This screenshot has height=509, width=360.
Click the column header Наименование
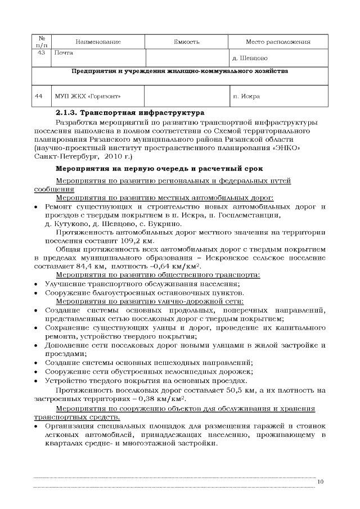pyautogui.click(x=98, y=42)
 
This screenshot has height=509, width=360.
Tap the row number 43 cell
pyautogui.click(x=40, y=52)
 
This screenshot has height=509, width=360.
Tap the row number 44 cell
pyautogui.click(x=40, y=96)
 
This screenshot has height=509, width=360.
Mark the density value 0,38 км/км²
pyautogui.click(x=166, y=399)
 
